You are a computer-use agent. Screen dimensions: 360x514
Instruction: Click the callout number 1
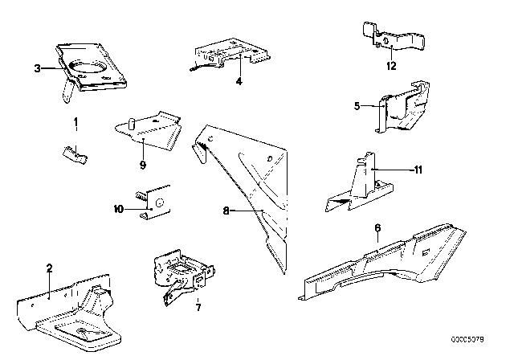pyautogui.click(x=76, y=123)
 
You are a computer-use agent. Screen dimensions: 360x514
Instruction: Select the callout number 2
pyautogui.click(x=50, y=269)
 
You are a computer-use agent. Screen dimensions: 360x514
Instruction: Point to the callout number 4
pyautogui.click(x=239, y=80)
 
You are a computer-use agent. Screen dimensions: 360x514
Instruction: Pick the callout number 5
pyautogui.click(x=379, y=104)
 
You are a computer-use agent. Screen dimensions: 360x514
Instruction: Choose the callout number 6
pyautogui.click(x=377, y=228)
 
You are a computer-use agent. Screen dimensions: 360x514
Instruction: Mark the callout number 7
pyautogui.click(x=198, y=305)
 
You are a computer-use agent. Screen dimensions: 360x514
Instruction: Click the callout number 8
pyautogui.click(x=227, y=211)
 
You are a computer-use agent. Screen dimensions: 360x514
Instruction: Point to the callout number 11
pyautogui.click(x=418, y=170)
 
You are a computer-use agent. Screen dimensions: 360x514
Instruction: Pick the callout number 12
pyautogui.click(x=391, y=66)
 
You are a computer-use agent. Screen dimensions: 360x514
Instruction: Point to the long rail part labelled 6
pyautogui.click(x=385, y=257)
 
